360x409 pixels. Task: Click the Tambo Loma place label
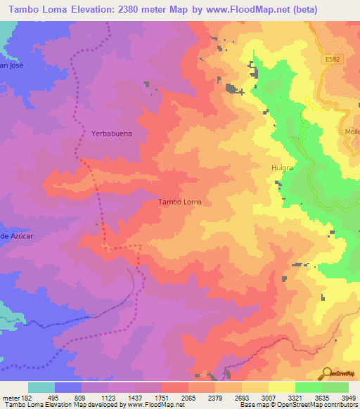pyautogui.click(x=180, y=202)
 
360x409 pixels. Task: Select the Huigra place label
pyautogui.click(x=282, y=168)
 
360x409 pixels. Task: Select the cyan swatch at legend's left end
pyautogui.click(x=41, y=387)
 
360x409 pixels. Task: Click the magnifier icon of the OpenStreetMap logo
pyautogui.click(x=327, y=372)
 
